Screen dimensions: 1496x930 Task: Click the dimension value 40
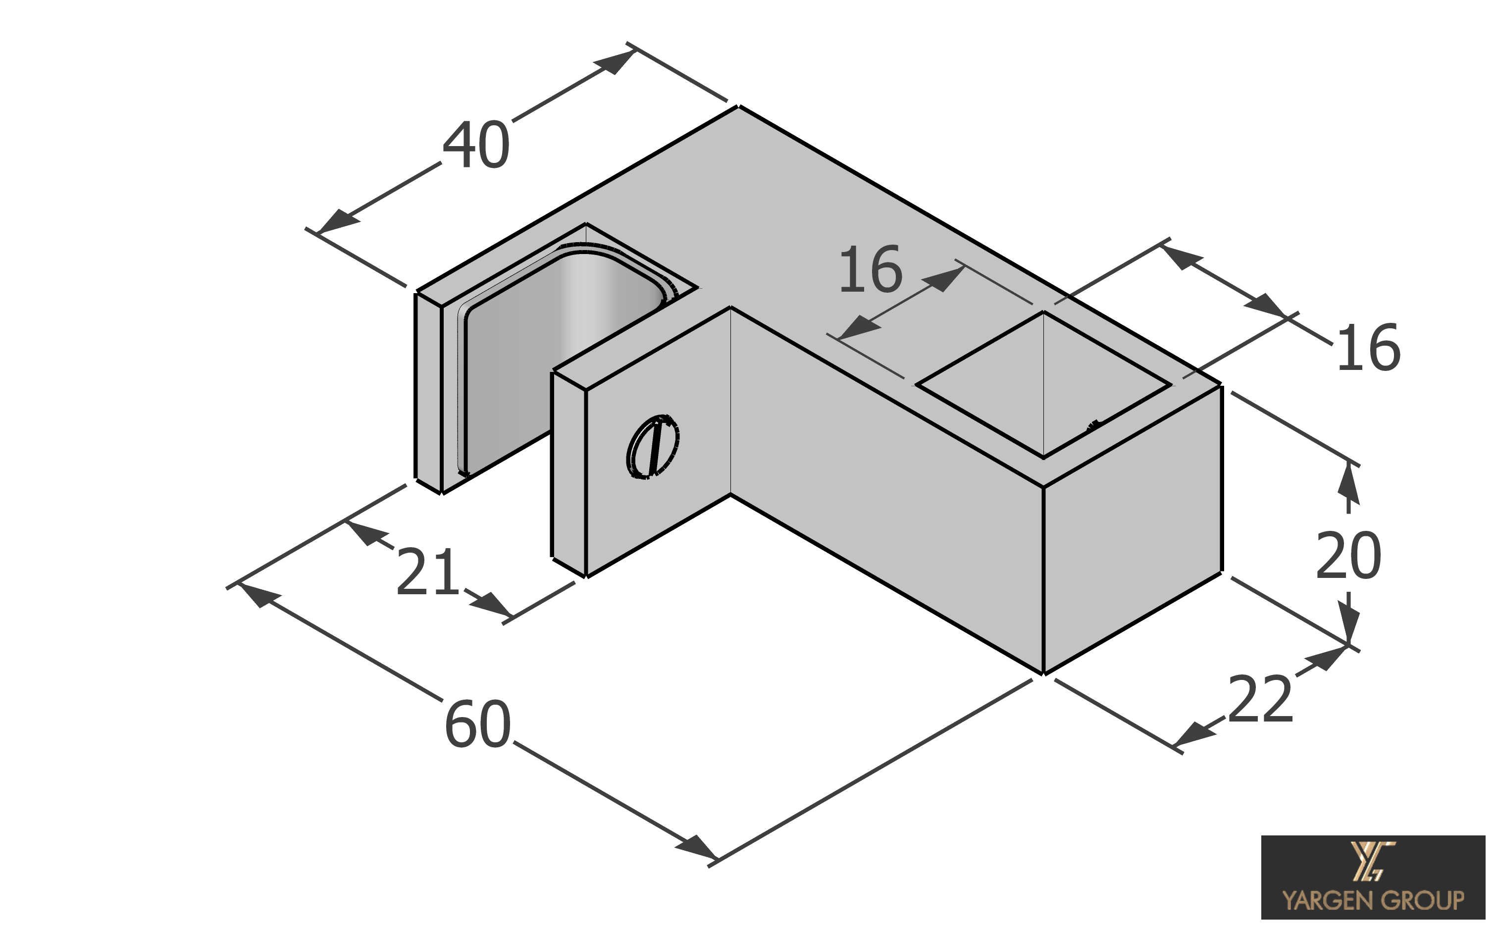pyautogui.click(x=476, y=146)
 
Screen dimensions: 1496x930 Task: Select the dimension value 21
pyautogui.click(x=428, y=572)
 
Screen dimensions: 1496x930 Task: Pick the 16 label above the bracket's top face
pyautogui.click(x=870, y=269)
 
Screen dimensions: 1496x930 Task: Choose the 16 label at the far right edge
pyautogui.click(x=1368, y=348)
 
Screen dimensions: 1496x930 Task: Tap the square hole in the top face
pyautogui.click(x=1043, y=384)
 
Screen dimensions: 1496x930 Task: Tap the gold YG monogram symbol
pyautogui.click(x=1372, y=862)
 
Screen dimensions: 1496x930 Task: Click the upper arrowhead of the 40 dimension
pyautogui.click(x=616, y=62)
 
